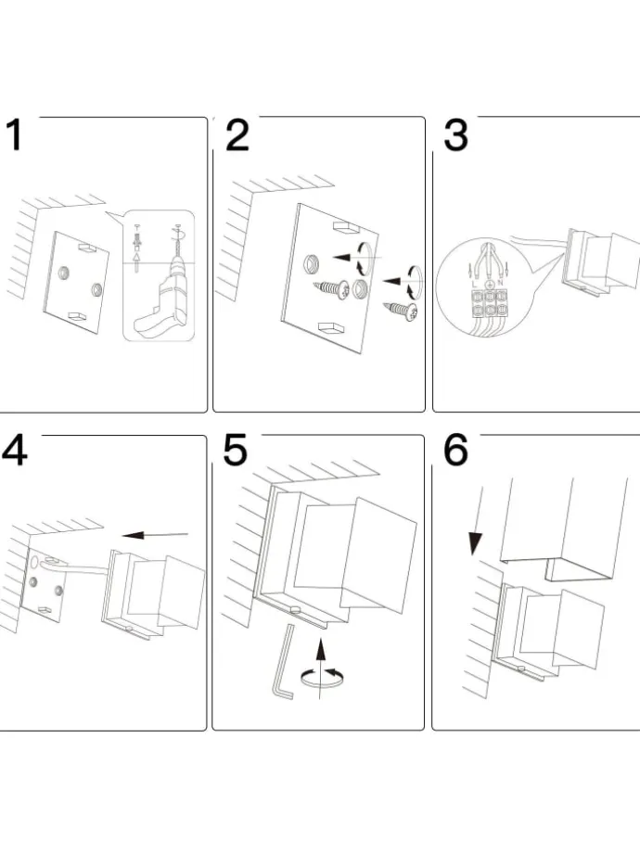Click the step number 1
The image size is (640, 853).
point(14,135)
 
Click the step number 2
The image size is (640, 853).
point(237,135)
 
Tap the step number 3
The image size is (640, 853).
point(455,135)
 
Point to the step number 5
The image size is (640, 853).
point(236,452)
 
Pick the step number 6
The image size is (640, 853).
point(455,452)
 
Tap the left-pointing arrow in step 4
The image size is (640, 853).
point(153,534)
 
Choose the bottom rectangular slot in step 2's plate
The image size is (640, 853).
point(330,328)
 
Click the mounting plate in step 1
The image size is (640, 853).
point(79,276)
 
